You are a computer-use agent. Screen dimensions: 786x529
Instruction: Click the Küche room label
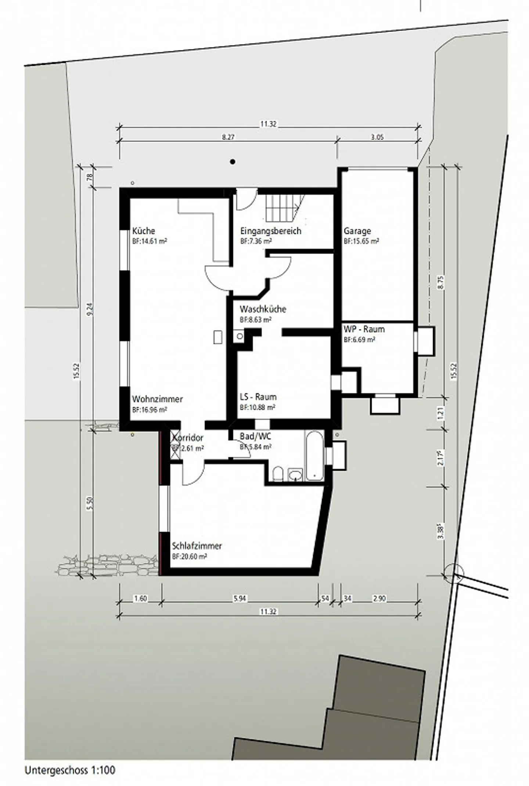point(143,231)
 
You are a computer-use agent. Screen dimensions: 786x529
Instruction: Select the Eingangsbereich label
point(270,231)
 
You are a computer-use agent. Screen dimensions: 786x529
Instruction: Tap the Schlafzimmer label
point(197,546)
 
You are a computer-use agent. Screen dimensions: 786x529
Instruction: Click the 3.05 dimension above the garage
point(377,137)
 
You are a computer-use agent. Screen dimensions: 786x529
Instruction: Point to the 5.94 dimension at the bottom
point(239,599)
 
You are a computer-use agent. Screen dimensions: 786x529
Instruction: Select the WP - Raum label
point(364,329)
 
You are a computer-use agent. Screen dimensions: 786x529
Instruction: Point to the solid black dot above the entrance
point(232,162)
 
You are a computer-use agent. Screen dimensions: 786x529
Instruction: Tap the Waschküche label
point(263,309)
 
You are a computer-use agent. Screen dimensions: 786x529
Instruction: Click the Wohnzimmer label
point(157,399)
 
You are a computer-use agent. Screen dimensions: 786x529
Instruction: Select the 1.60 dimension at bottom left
point(140,599)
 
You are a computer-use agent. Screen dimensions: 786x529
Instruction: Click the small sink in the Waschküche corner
point(240,336)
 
